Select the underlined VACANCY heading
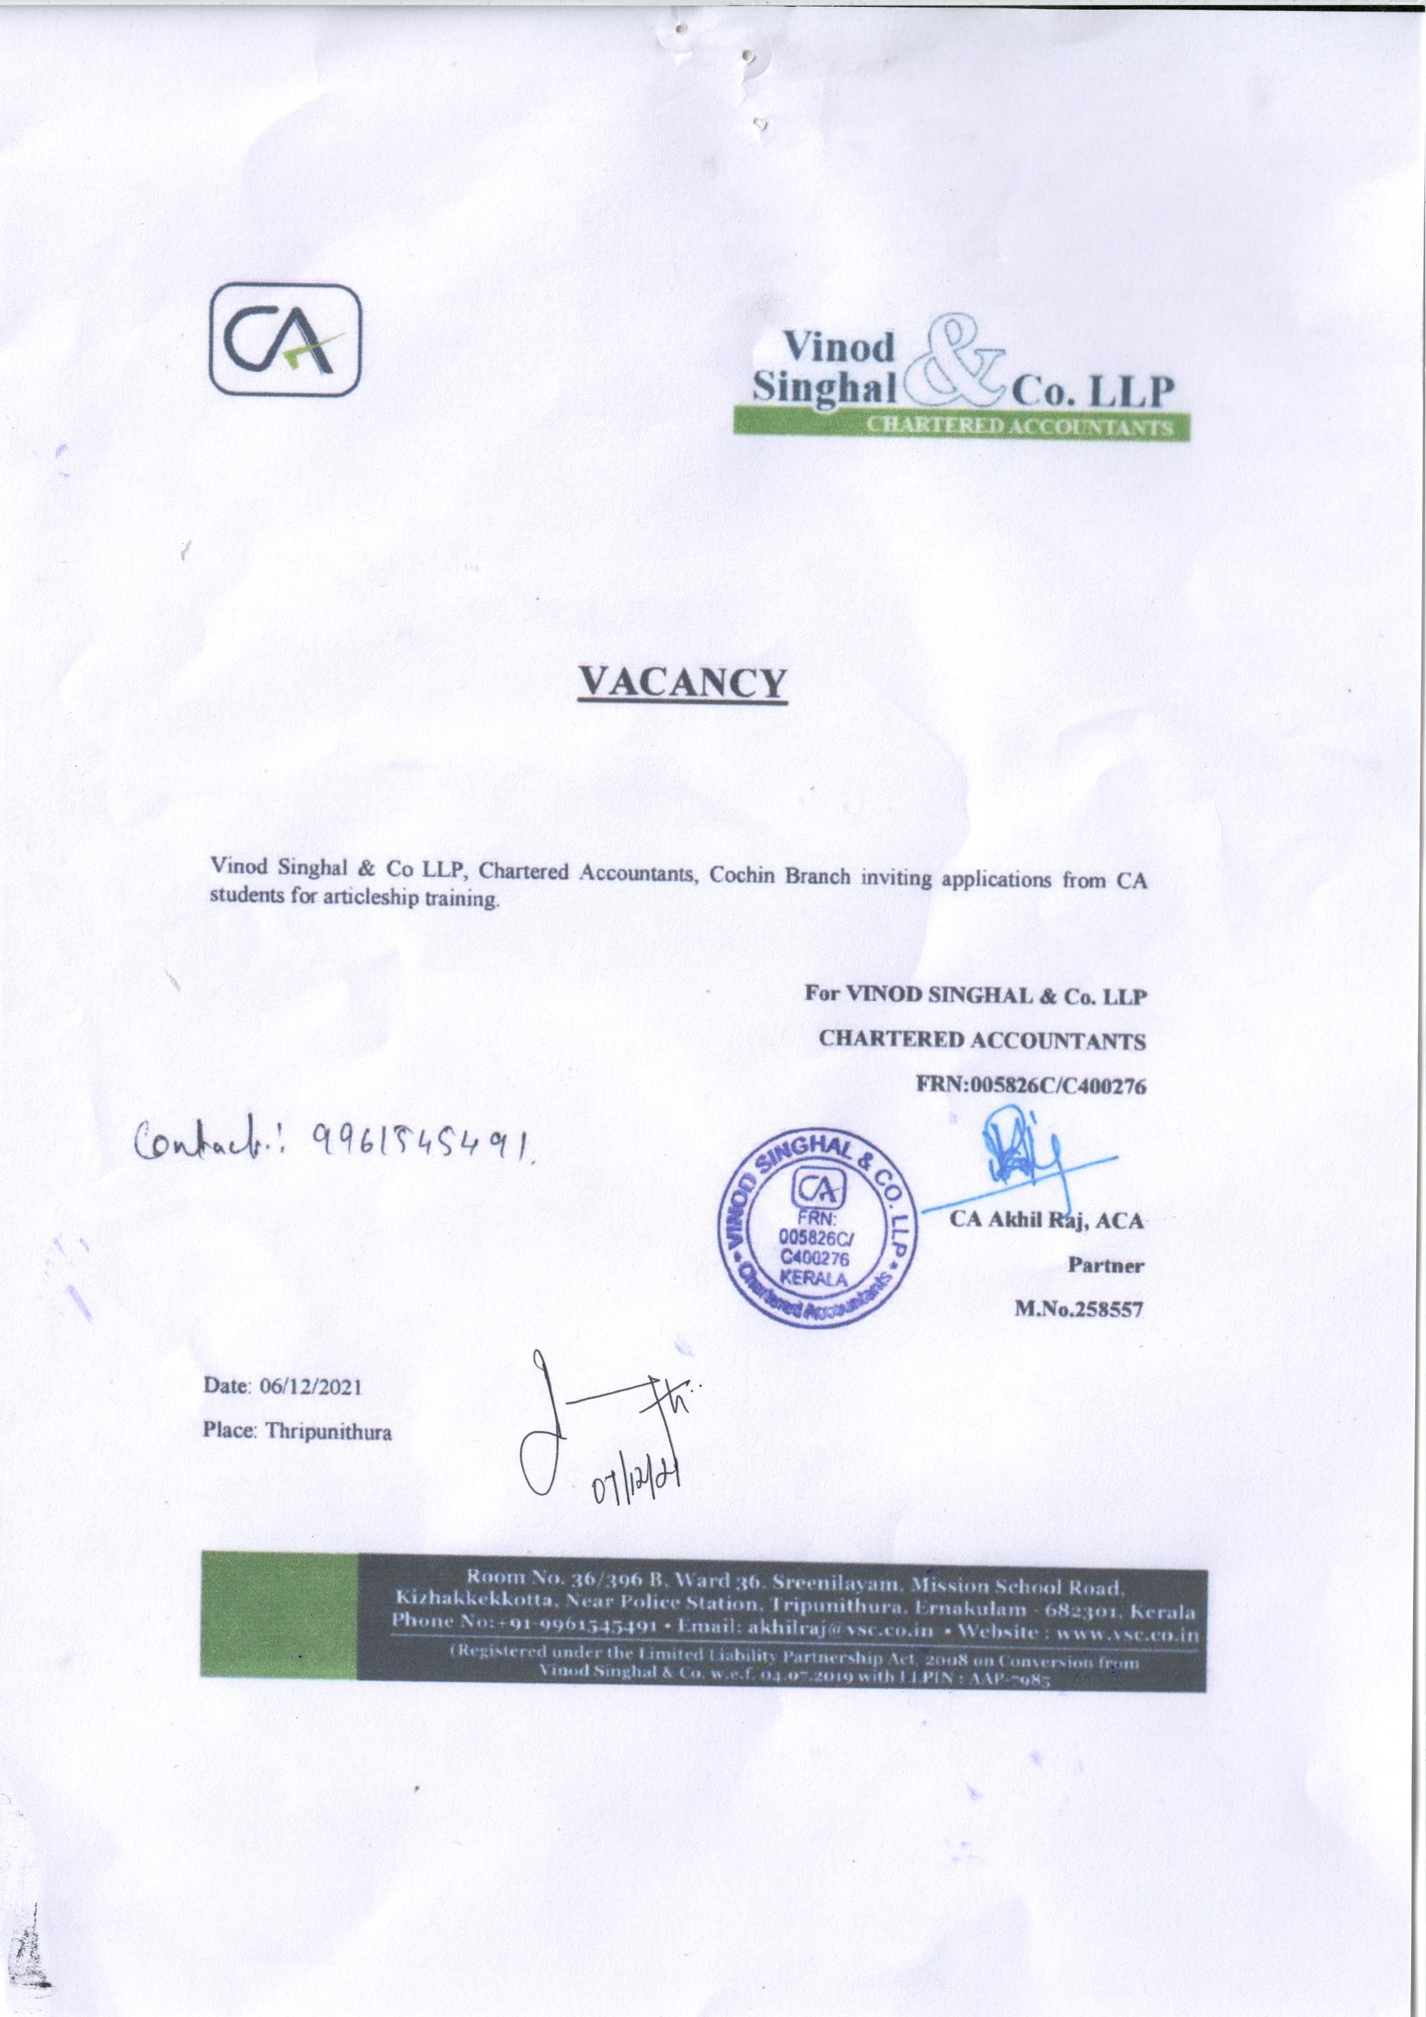pos(681,682)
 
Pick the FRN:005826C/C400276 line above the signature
pos(1032,1086)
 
